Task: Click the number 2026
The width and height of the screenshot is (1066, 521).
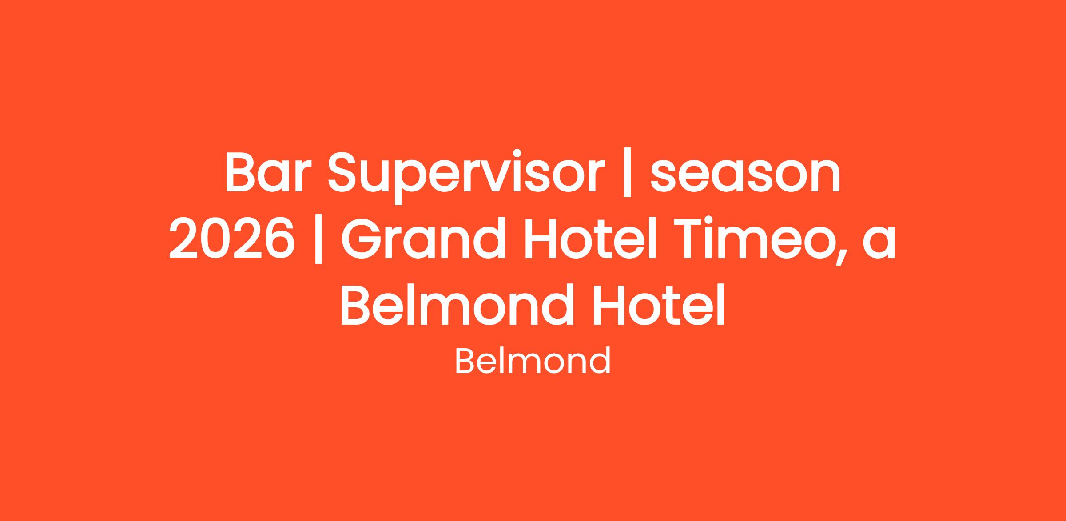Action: point(232,239)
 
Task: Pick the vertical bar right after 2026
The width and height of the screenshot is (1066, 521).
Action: point(318,239)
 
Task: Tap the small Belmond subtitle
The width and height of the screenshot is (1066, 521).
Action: point(533,361)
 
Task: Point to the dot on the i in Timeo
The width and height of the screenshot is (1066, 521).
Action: point(719,220)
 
